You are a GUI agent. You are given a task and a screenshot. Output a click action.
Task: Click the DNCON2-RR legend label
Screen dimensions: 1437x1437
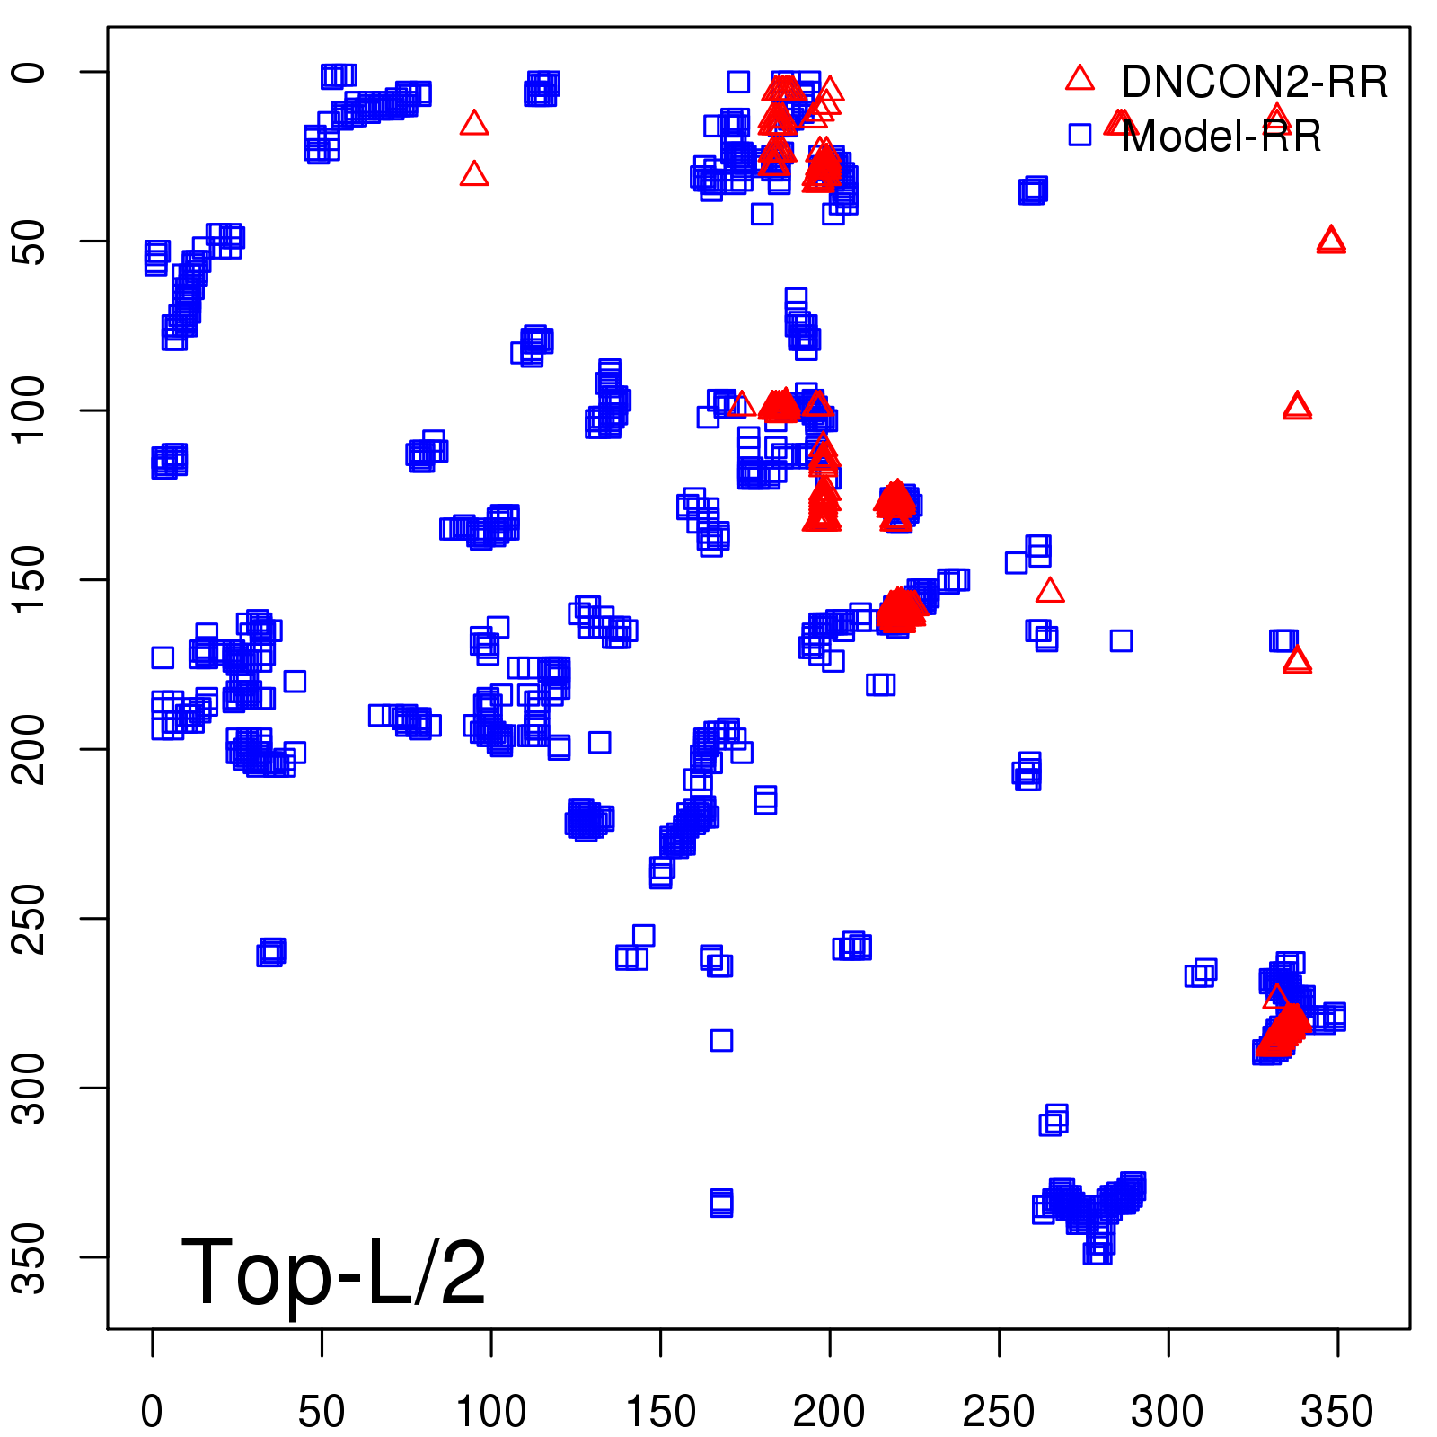[1254, 83]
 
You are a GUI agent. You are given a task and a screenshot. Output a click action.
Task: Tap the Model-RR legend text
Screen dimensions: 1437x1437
[1221, 137]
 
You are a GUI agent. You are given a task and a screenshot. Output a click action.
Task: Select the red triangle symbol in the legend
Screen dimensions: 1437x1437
[1080, 79]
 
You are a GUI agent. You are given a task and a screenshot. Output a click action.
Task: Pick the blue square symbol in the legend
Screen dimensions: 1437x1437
[1080, 135]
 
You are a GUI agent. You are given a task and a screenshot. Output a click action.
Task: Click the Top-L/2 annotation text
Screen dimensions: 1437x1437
[333, 1272]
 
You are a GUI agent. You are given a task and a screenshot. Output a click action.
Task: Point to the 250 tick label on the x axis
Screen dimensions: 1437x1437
[999, 1412]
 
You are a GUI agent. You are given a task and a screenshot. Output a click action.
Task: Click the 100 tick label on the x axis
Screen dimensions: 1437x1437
[491, 1412]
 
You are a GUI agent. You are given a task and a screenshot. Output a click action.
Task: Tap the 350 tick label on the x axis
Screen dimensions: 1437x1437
[1337, 1412]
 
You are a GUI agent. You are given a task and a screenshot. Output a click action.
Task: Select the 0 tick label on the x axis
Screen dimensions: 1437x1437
[153, 1412]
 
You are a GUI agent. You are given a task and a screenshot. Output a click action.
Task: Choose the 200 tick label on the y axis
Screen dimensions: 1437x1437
[31, 749]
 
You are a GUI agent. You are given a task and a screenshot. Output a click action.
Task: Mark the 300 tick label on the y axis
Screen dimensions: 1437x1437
[31, 1088]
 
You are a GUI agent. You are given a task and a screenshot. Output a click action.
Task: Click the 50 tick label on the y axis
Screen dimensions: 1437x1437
[31, 241]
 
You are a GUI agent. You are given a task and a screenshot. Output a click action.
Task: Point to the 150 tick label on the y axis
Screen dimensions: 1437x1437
[31, 580]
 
